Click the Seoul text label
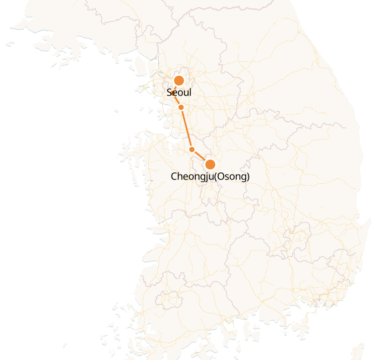click(179, 93)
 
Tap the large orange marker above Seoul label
click(179, 81)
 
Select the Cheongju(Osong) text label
click(210, 176)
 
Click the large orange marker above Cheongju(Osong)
click(210, 164)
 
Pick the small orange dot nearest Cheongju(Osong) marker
click(192, 149)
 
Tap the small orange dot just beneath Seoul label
click(181, 107)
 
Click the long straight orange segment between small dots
click(186, 128)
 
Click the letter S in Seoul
click(169, 93)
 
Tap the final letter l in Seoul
click(190, 92)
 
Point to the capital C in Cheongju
click(174, 176)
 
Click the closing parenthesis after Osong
click(248, 176)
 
